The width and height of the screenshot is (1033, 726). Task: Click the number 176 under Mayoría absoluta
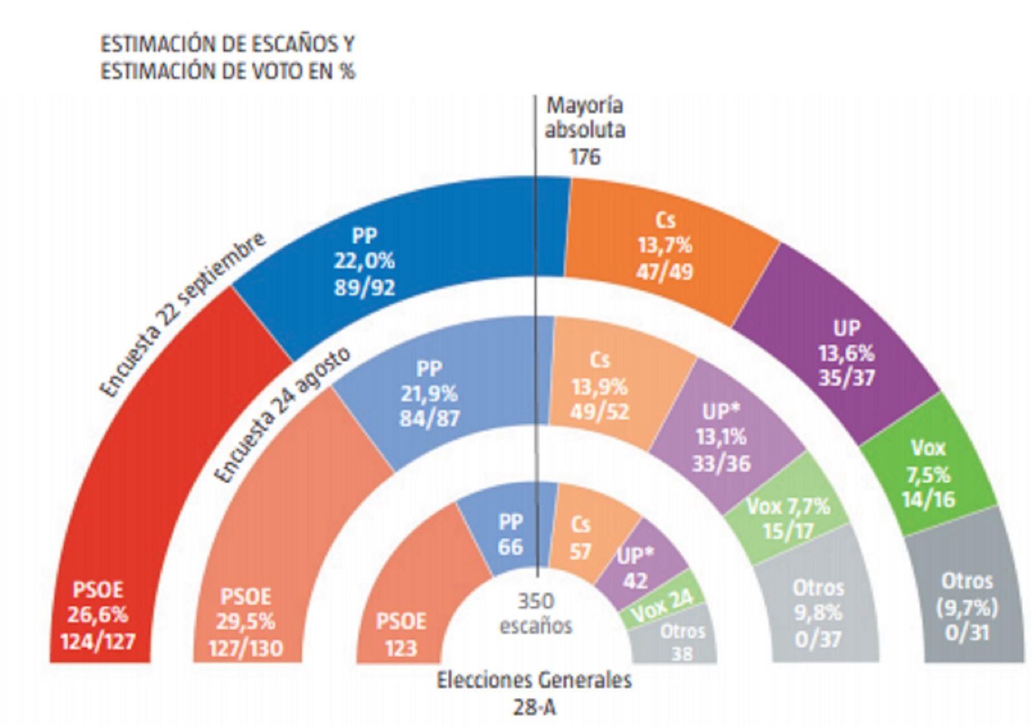click(x=584, y=156)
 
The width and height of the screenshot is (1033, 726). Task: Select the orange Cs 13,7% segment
click(x=665, y=245)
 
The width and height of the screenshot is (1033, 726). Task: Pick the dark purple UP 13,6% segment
click(x=846, y=352)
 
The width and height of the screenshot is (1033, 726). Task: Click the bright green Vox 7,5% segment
click(x=928, y=473)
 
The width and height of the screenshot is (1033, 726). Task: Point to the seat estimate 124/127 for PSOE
click(x=97, y=641)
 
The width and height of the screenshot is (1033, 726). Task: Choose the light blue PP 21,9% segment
click(x=429, y=394)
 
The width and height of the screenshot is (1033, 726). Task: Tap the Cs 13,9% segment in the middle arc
click(x=599, y=386)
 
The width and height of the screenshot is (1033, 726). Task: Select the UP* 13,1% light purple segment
click(x=721, y=437)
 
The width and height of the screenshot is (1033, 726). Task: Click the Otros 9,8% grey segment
click(x=818, y=612)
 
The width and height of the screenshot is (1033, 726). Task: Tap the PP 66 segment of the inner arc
click(x=510, y=535)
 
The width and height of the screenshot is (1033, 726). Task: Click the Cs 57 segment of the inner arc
click(x=580, y=537)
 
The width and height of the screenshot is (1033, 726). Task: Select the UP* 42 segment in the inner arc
click(x=636, y=567)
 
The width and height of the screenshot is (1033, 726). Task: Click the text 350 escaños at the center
click(x=536, y=614)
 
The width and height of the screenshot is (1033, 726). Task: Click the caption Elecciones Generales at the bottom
click(x=534, y=680)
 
